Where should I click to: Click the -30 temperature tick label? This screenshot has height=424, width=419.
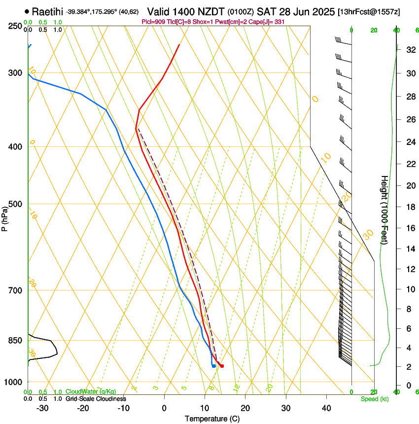(42, 408)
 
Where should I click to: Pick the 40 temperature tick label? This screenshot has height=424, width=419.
(326, 408)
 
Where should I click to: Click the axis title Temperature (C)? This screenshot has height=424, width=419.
(212, 419)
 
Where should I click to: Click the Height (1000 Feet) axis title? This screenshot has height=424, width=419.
(384, 217)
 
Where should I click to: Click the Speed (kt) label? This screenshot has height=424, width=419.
(375, 399)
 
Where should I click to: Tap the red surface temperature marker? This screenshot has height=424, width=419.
(222, 366)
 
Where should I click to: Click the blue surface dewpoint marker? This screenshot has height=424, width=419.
(213, 366)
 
